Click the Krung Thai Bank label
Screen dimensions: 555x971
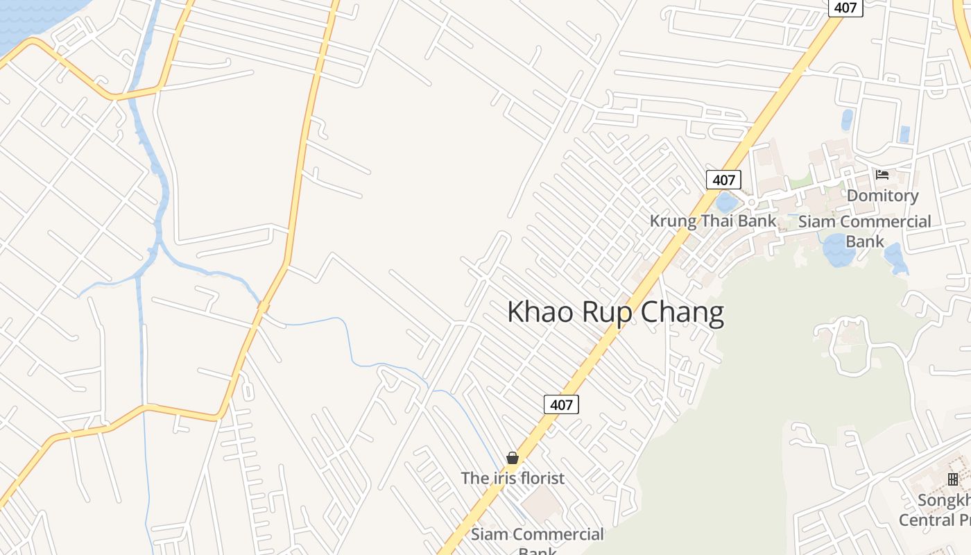712,221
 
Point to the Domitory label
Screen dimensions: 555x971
882,196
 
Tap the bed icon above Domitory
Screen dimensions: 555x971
882,174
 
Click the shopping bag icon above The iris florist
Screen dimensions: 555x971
513,458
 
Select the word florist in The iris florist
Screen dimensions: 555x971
541,478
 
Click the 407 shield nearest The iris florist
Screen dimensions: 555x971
560,404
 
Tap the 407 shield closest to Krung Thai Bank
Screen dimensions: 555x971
723,180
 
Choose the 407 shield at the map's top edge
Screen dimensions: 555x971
845,8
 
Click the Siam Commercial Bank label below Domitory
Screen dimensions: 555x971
864,231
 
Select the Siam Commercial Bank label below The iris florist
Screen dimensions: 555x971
538,539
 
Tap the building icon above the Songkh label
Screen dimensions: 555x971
953,479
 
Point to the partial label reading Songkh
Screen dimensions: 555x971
943,500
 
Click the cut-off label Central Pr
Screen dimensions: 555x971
934,520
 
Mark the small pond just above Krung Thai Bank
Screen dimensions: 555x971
726,203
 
